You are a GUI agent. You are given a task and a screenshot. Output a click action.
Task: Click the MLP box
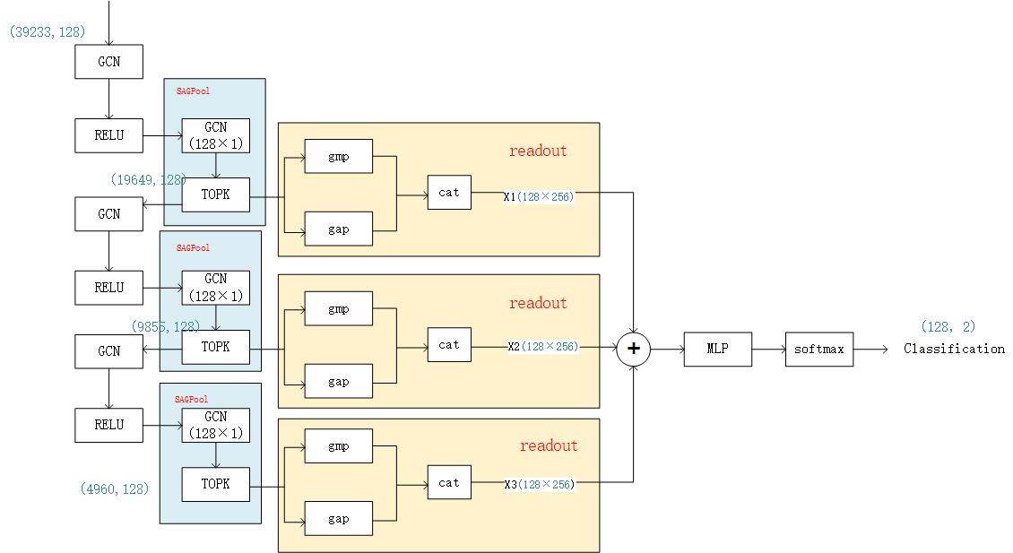[717, 349]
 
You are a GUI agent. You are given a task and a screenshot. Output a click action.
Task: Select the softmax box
[819, 349]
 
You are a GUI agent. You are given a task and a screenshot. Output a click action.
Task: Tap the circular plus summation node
[634, 349]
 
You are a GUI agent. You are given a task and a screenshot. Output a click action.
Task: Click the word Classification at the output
[954, 349]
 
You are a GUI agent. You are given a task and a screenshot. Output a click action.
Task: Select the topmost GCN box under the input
[108, 62]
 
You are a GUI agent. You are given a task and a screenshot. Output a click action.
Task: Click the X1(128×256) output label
[539, 195]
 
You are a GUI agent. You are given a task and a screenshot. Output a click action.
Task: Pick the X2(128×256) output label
[542, 346]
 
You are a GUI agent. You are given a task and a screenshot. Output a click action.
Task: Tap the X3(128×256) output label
[540, 484]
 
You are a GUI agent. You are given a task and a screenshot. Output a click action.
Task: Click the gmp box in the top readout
[338, 156]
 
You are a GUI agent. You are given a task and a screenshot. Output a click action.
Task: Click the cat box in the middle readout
[449, 344]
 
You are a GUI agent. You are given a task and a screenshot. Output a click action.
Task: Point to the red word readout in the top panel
[538, 151]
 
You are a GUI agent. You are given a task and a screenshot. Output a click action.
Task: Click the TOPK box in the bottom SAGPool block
[215, 484]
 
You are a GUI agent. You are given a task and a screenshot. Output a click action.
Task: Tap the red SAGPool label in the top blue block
[193, 91]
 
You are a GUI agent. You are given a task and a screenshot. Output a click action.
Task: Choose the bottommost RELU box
[108, 425]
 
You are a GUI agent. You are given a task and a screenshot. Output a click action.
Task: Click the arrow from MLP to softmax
[768, 349]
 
